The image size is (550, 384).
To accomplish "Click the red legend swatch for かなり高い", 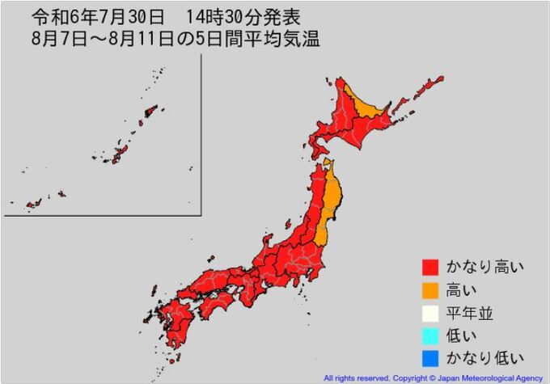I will (430, 266).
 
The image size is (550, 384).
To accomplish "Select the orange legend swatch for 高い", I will (430, 289).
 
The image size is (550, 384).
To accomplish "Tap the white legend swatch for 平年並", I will (430, 311).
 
